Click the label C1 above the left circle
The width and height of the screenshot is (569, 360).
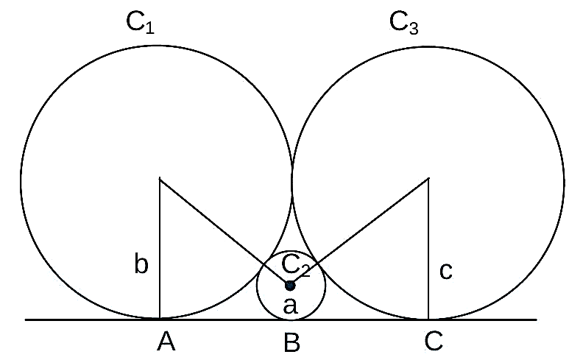pos(141,23)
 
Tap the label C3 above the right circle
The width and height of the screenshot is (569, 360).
pos(404,23)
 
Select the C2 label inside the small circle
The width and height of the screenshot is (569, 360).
pos(296,265)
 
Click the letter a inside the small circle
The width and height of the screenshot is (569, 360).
pos(290,306)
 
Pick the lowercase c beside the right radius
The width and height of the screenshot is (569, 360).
pos(446,271)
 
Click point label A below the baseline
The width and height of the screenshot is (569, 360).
pos(166,342)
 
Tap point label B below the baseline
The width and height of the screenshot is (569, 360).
pos(291,342)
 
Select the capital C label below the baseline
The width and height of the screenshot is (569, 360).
pos(434,341)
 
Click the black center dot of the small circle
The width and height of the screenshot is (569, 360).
pos(289,286)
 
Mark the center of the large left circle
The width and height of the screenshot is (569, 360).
pos(160,178)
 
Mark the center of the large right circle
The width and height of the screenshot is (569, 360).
pos(428,178)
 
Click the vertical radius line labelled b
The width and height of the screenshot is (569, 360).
pos(160,249)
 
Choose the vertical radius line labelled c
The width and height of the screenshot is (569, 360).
pos(428,249)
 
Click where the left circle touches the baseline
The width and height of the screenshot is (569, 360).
pos(160,319)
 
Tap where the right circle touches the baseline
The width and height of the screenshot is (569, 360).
pos(428,320)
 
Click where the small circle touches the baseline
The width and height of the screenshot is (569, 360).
pos(291,320)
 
